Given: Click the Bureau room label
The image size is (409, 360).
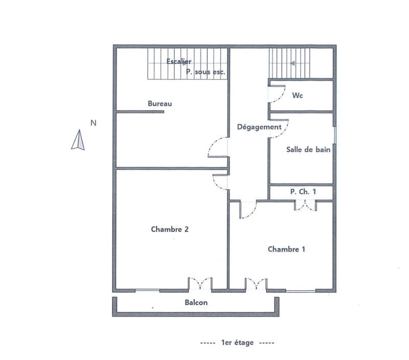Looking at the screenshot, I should (x=160, y=104).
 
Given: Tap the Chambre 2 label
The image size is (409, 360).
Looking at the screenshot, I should (x=170, y=230).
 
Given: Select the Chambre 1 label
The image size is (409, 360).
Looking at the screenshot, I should (x=286, y=250).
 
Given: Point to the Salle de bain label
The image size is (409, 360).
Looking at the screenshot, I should (x=308, y=150).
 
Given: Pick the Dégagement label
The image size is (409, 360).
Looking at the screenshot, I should (x=259, y=127).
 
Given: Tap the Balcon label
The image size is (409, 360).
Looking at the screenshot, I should (x=196, y=302).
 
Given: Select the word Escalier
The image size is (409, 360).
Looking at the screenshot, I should (x=179, y=61).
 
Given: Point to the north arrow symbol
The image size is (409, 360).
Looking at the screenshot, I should (x=78, y=141).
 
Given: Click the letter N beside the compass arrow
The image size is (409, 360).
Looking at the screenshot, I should (x=93, y=123).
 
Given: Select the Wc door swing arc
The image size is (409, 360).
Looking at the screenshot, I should (x=278, y=93).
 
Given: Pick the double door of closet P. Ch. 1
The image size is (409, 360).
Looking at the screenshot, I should (x=306, y=206).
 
